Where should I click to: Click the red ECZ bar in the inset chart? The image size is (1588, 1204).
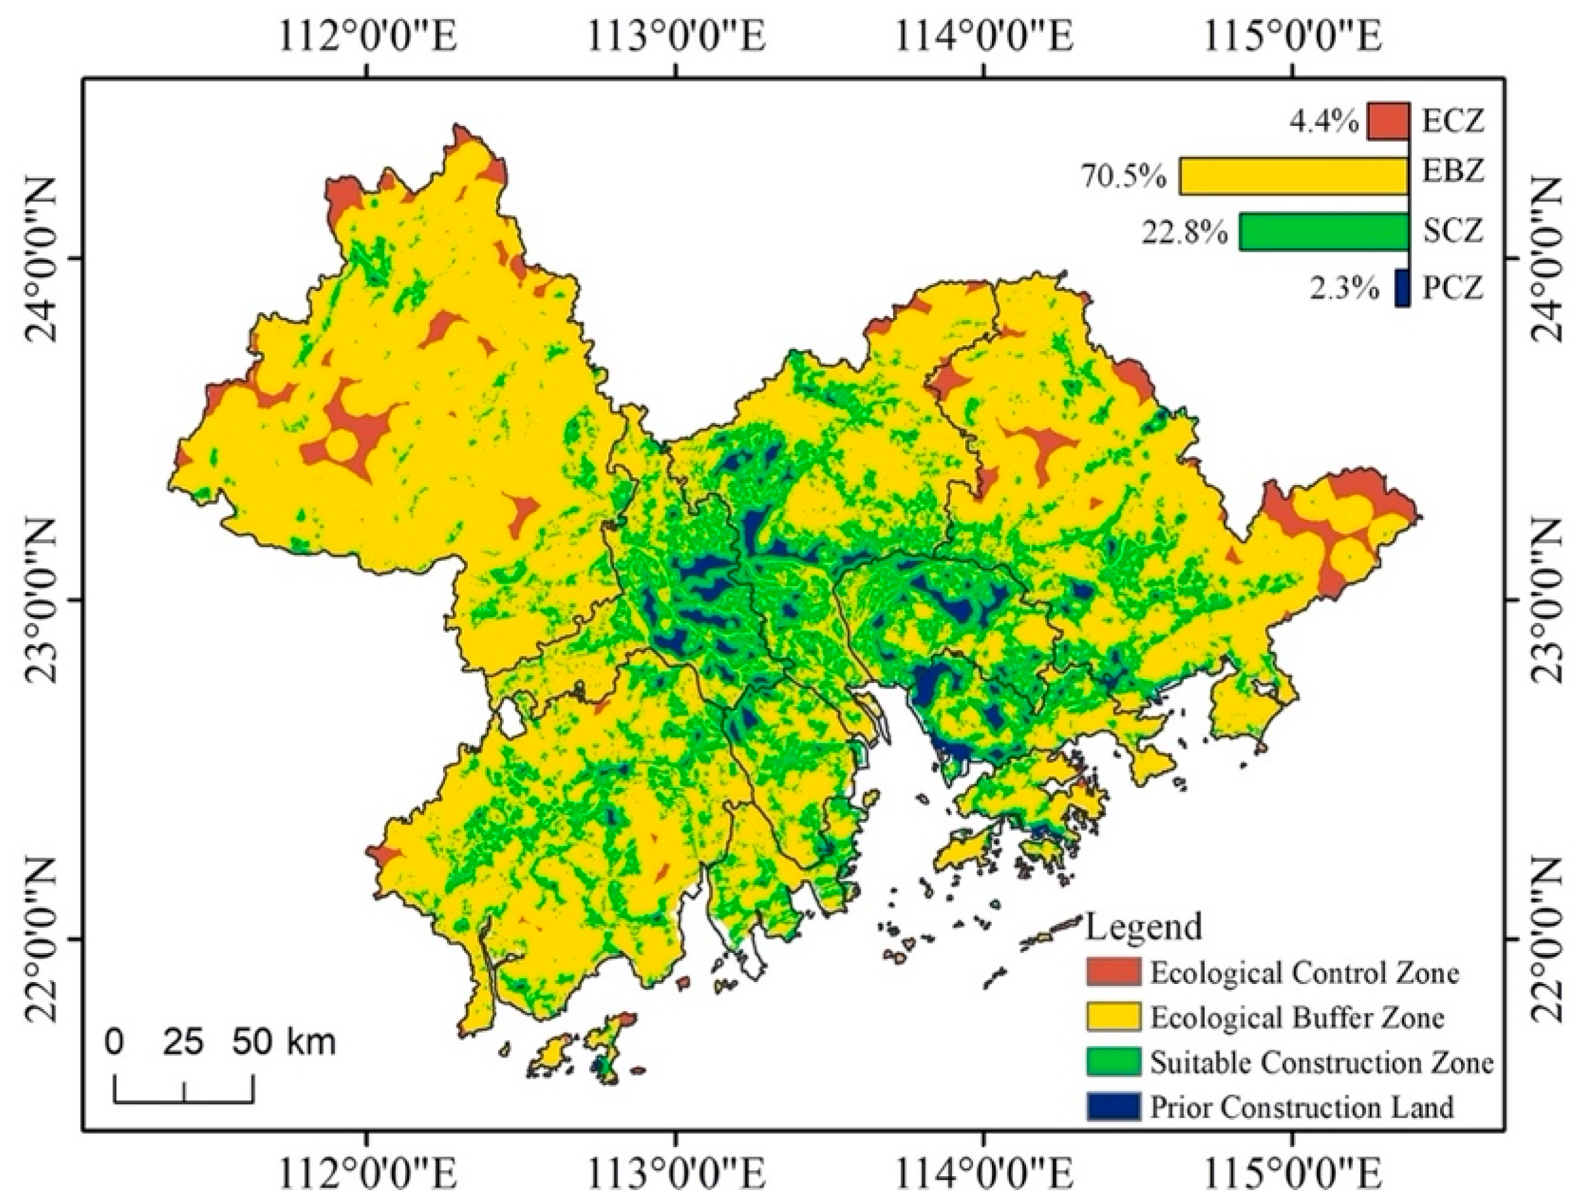click(1388, 121)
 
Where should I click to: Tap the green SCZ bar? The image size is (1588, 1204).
click(1324, 232)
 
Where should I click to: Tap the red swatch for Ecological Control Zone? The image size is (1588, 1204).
click(1112, 972)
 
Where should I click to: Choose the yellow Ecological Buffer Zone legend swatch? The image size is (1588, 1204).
click(1112, 1017)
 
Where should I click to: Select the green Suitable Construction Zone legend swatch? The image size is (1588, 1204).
click(1112, 1062)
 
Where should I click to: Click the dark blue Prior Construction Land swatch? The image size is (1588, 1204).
click(1112, 1107)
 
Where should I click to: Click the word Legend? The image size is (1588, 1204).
click(1143, 926)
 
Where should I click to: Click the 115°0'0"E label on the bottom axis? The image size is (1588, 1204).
click(1292, 1176)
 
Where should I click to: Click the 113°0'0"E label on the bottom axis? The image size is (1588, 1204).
click(675, 1176)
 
